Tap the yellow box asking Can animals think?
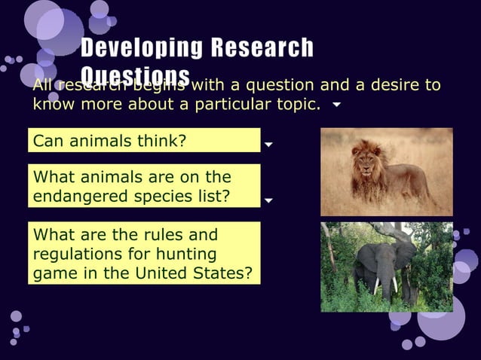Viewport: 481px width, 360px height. (143, 140)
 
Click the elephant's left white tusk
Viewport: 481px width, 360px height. (377, 285)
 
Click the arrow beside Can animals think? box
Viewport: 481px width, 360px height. (269, 142)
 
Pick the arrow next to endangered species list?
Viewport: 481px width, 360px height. (269, 201)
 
